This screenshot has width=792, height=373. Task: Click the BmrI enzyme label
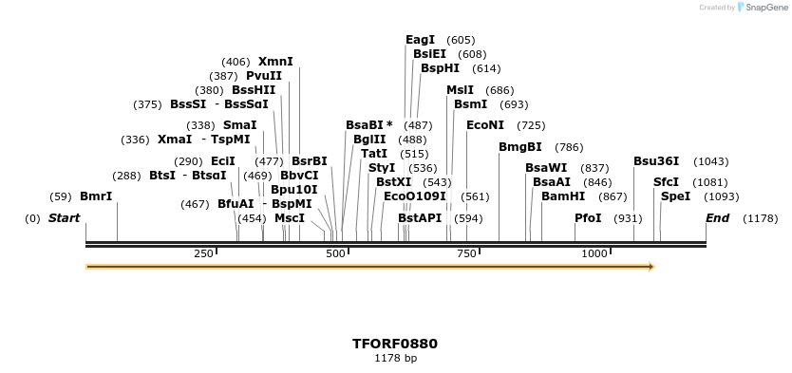click(x=96, y=196)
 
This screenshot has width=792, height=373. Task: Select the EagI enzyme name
click(x=420, y=40)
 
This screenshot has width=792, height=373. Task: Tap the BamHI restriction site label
click(x=563, y=196)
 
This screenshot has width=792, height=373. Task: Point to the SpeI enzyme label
click(x=675, y=196)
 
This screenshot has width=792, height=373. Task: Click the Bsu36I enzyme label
click(x=656, y=161)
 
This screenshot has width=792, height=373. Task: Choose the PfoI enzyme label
click(x=588, y=218)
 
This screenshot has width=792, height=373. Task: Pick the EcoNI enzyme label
click(x=485, y=125)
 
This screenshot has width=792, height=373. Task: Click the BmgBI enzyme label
click(x=520, y=147)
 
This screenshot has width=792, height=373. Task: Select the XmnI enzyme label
click(x=275, y=62)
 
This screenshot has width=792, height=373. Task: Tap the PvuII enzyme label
click(x=264, y=76)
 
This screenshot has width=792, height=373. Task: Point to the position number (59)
click(x=62, y=196)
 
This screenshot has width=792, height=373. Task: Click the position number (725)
click(x=531, y=125)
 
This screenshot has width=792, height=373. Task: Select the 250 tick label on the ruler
click(x=203, y=254)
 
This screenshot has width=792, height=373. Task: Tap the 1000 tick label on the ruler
click(x=594, y=254)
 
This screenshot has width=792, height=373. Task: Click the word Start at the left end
click(x=65, y=218)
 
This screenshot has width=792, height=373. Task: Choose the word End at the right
click(x=717, y=218)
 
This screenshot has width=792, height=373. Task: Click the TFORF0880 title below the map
click(x=395, y=344)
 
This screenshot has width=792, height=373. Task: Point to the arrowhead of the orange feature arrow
click(x=651, y=267)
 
